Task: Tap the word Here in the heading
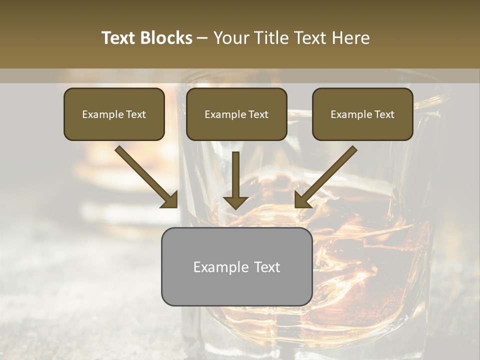tap(350, 38)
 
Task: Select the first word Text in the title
tap(119, 38)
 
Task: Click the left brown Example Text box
tap(114, 114)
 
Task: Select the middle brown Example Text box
tap(236, 114)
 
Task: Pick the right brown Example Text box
tap(362, 114)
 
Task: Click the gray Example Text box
tap(236, 266)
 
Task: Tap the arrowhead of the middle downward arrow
tap(236, 202)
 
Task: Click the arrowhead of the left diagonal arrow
tap(170, 200)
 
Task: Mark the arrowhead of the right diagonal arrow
tap(302, 200)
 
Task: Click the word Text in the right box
tap(384, 114)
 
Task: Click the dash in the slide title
tap(202, 38)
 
